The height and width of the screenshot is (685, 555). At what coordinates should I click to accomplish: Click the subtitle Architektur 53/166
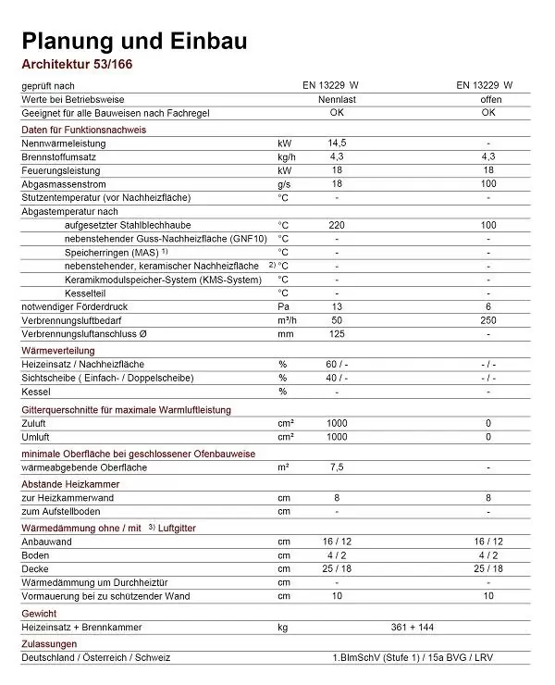[x=80, y=65]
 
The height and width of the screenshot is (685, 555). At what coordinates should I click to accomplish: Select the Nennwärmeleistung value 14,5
[x=337, y=143]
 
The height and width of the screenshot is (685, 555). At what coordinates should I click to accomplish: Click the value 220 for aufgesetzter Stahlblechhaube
[x=337, y=225]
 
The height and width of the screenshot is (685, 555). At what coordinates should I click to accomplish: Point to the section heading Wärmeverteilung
[x=62, y=351]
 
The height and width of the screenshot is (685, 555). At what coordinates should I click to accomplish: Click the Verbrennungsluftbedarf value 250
[x=488, y=319]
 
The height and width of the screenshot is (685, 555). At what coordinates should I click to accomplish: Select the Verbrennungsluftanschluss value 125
[x=337, y=332]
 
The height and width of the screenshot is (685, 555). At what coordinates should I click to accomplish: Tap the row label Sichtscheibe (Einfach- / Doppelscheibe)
[x=106, y=378]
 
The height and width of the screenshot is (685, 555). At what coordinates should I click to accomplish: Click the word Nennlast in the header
[x=337, y=98]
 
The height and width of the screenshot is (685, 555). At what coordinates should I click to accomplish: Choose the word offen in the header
[x=488, y=98]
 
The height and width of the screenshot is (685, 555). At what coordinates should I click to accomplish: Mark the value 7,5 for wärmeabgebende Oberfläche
[x=337, y=467]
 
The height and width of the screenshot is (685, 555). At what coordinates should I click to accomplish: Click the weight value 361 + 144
[x=413, y=627]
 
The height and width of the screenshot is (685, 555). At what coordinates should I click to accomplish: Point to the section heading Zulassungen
[x=49, y=643]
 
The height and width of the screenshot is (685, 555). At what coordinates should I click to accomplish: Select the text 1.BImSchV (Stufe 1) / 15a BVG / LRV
[x=413, y=657]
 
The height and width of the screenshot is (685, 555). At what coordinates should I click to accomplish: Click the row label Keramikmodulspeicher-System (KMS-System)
[x=163, y=279]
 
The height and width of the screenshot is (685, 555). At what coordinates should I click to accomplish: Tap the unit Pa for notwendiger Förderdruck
[x=284, y=305]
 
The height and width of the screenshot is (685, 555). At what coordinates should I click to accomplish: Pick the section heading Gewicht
[x=40, y=613]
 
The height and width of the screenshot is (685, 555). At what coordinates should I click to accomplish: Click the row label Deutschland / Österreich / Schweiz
[x=96, y=657]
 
